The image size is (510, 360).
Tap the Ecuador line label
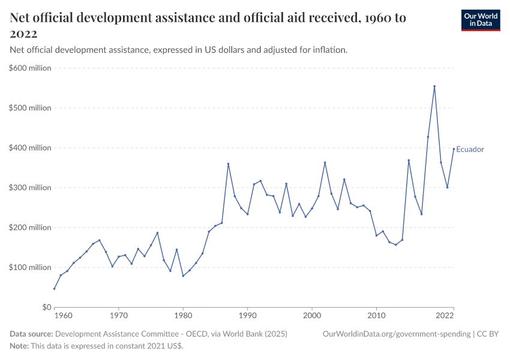click(470, 149)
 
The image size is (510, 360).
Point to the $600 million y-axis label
click(30, 68)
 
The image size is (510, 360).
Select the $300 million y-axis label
click(30, 188)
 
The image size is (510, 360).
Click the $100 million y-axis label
click(30, 268)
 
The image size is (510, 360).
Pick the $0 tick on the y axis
click(46, 307)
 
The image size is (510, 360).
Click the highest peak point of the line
click(434, 86)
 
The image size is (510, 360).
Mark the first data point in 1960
click(55, 289)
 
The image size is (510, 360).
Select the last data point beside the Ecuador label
click(454, 149)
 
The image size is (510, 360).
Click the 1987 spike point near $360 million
click(228, 164)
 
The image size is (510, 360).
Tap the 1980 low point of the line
click(183, 276)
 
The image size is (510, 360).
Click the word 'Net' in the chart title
click(23, 18)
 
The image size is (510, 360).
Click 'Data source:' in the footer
click(31, 334)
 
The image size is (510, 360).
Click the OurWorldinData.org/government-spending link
click(395, 334)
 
